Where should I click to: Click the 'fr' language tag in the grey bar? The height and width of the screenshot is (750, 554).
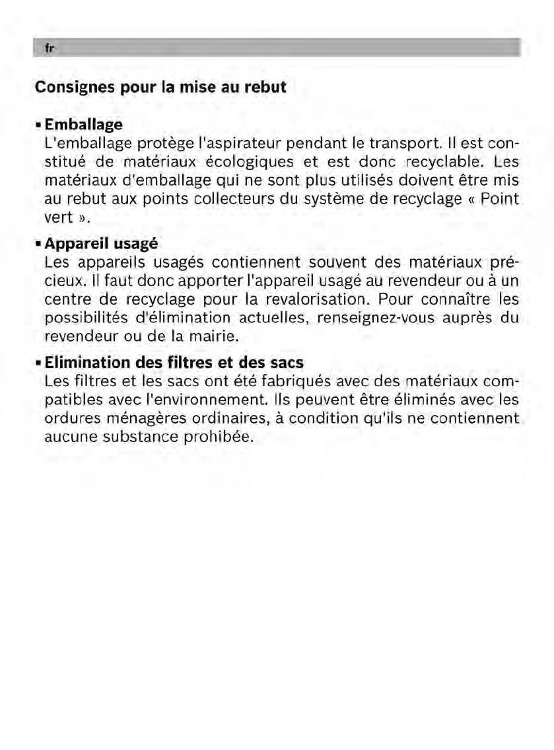tap(48, 49)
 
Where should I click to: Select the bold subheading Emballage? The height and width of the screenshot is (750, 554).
tap(83, 124)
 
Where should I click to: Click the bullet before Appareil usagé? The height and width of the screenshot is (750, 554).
tap(38, 244)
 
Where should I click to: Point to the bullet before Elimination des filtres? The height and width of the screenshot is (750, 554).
tap(38, 363)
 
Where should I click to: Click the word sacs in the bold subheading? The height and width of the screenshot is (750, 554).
tap(285, 363)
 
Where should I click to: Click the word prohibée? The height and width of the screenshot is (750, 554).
tap(218, 437)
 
